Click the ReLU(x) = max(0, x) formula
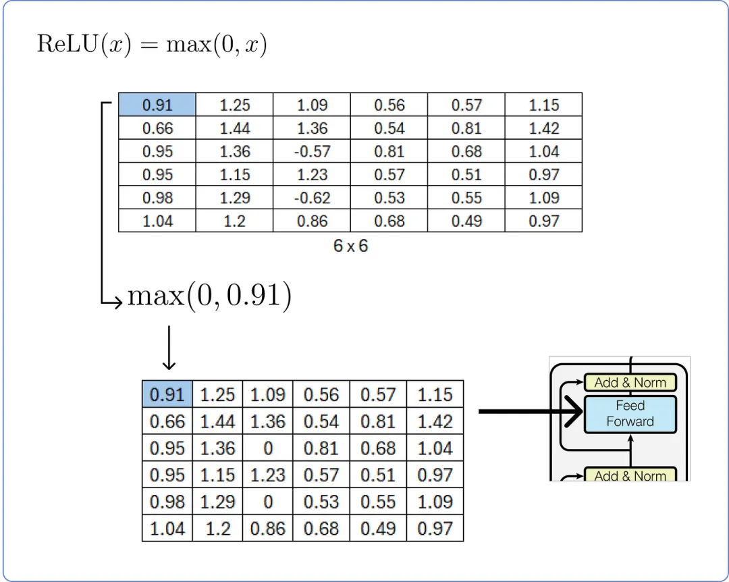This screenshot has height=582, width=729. pos(152,45)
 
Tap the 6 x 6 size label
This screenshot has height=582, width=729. pos(350,246)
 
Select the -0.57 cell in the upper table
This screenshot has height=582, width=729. pos(312,151)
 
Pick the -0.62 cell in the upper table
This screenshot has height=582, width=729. pos(312,198)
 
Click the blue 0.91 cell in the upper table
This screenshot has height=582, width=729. pos(157,105)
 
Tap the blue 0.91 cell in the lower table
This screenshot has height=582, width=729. pos(167,394)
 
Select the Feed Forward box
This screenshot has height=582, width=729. pos(630,413)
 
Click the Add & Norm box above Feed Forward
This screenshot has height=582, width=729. pos(630,382)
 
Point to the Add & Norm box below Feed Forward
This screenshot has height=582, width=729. pos(630,475)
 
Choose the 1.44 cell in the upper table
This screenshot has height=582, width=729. pos(235,128)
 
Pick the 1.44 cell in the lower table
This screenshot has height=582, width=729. pos(217,421)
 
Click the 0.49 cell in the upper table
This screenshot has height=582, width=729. pos(466,221)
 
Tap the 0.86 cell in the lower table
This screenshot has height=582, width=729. pos(268,528)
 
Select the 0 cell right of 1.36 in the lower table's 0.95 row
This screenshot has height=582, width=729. pos(268,448)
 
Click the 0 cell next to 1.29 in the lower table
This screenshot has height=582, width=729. pos(268,502)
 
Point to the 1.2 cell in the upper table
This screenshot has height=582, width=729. pos(235,221)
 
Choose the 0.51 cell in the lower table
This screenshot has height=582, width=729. pos(378,475)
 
